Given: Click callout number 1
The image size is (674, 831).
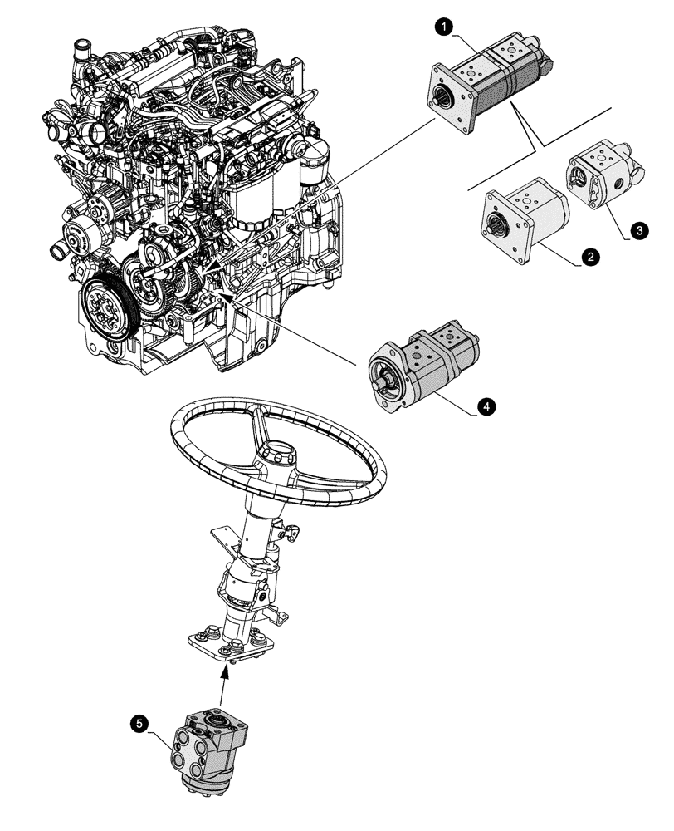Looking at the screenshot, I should (x=446, y=27).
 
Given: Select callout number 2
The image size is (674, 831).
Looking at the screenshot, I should (x=589, y=258).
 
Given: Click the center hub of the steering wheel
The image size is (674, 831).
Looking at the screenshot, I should (x=276, y=455).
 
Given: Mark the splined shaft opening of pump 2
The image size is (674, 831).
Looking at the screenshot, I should (x=501, y=222).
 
